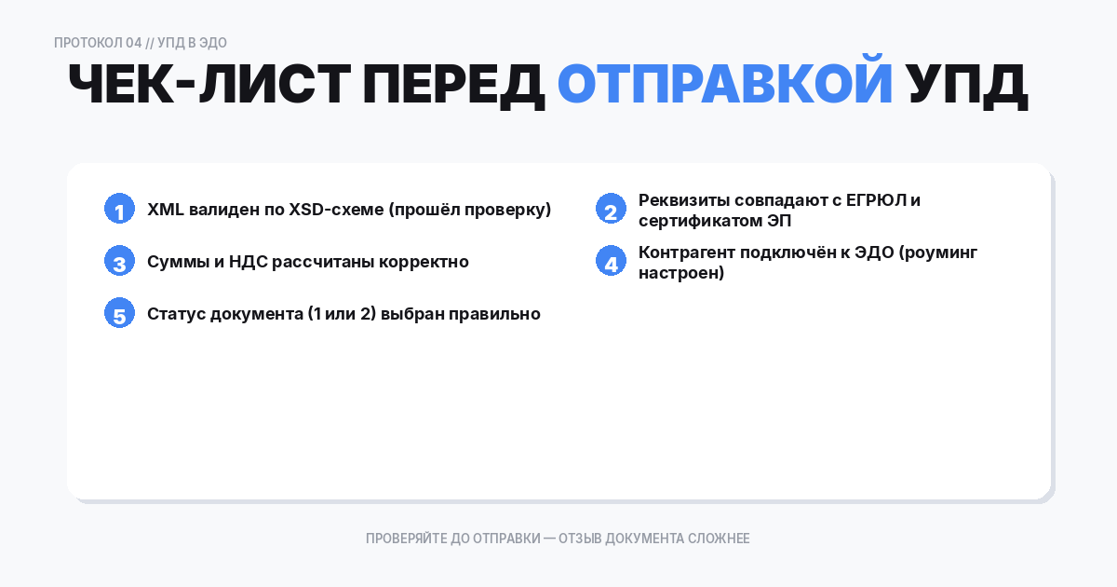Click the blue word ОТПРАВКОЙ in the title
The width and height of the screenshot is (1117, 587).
724,85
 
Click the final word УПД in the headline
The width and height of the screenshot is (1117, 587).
968,85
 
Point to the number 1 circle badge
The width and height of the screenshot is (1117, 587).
119,210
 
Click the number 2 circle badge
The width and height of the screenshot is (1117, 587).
611,210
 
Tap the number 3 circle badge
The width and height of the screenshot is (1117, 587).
119,262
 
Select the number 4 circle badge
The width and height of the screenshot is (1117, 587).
611,262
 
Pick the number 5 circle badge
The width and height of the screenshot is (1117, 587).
119,314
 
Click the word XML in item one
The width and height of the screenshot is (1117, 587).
166,210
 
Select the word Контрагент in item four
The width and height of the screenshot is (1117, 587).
684,253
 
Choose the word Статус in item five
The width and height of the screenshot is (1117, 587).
176,314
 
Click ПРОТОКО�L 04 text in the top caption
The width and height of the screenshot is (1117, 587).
98,43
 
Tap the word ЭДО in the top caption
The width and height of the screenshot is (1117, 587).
213,43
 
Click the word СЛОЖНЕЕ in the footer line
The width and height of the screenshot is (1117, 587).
720,539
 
